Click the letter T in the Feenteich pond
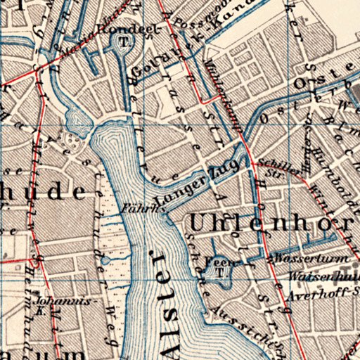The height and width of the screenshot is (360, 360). tap(220, 273)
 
